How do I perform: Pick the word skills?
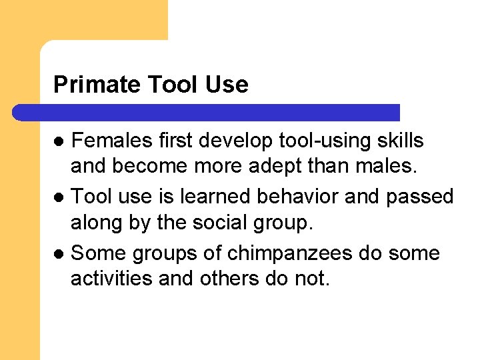tap(399, 141)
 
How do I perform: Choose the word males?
tap(390, 165)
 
